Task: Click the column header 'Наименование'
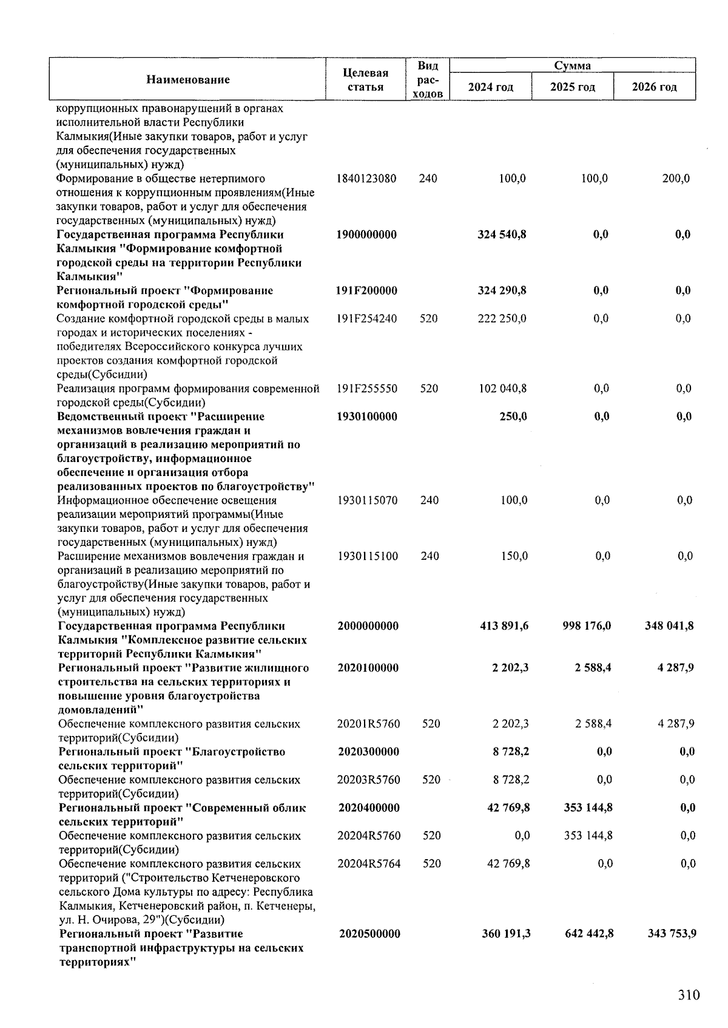click(187, 80)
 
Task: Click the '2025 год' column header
click(572, 87)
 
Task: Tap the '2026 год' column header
click(654, 87)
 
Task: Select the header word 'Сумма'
click(572, 66)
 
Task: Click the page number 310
click(689, 995)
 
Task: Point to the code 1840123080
click(366, 179)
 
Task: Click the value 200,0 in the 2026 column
click(676, 179)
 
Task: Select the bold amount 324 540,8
click(502, 234)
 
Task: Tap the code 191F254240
click(367, 318)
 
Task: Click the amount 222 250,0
click(502, 318)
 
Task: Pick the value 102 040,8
click(503, 388)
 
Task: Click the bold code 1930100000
click(367, 417)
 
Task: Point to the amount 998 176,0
click(587, 625)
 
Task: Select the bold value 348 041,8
click(669, 625)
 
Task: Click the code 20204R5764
click(369, 863)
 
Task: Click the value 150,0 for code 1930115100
click(513, 556)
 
